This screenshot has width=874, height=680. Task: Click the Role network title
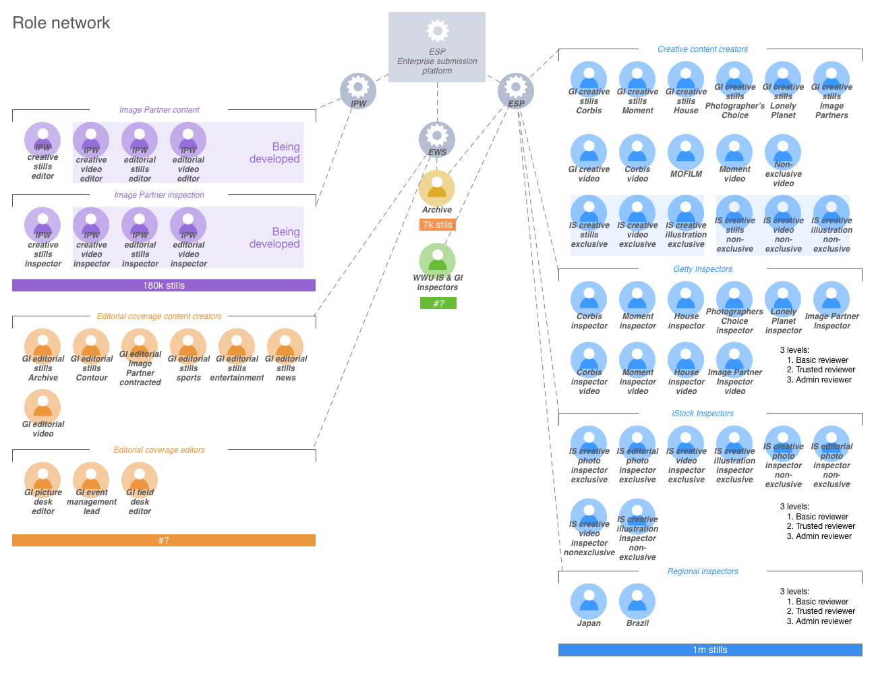click(61, 23)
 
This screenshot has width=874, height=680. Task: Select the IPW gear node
click(358, 90)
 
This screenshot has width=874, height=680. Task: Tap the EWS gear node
click(437, 138)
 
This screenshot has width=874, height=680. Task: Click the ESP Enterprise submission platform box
click(437, 47)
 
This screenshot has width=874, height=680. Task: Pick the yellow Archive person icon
click(437, 188)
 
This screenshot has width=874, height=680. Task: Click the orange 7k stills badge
click(438, 225)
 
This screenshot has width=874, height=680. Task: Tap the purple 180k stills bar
click(164, 285)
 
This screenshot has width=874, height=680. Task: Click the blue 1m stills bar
click(710, 650)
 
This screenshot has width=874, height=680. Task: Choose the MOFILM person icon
click(686, 152)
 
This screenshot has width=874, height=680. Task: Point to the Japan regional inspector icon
click(589, 601)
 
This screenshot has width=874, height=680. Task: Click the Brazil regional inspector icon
click(637, 601)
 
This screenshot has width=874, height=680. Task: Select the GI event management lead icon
click(92, 479)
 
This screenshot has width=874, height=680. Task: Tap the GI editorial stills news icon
click(285, 346)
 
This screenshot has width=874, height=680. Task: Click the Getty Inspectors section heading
click(703, 269)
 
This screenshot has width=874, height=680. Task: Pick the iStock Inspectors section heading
click(703, 414)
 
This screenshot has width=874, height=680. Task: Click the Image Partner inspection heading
click(159, 195)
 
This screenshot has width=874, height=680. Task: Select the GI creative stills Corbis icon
click(589, 79)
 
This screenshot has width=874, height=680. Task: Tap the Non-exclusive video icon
click(783, 152)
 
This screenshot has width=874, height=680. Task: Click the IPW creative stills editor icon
click(43, 140)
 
